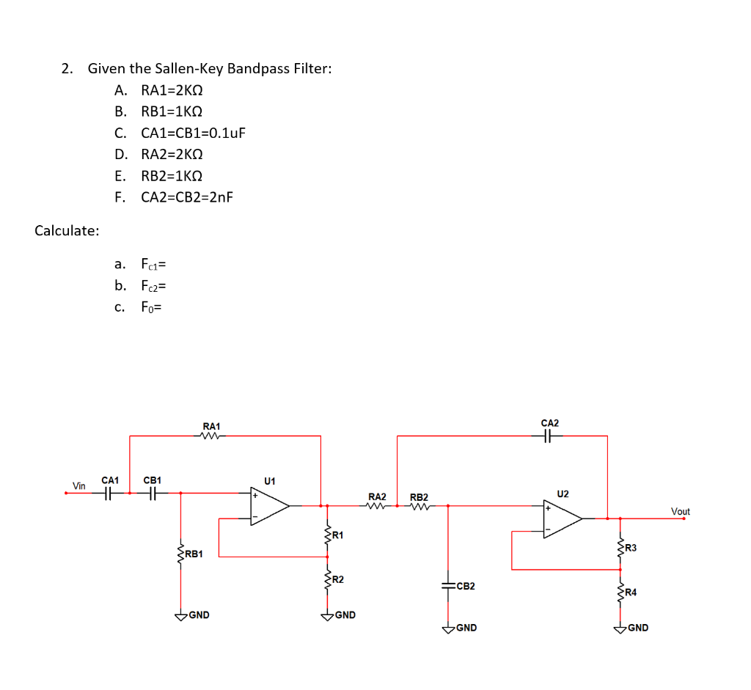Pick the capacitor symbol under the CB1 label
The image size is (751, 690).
(152, 493)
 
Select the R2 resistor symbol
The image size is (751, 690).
(327, 580)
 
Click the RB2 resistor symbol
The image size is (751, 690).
(419, 506)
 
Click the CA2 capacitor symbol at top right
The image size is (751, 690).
(549, 436)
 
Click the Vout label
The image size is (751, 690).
(680, 511)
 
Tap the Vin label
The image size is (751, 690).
(79, 485)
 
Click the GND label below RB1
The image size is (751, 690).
(198, 615)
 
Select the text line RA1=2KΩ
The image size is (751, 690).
(171, 91)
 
